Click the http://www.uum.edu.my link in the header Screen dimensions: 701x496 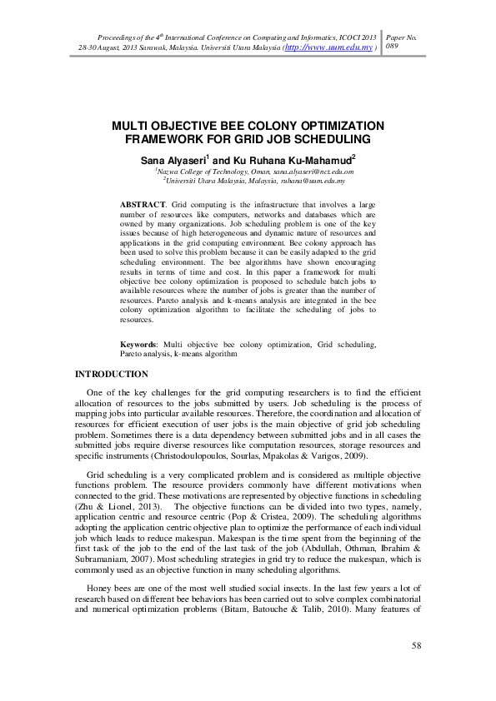coord(329,48)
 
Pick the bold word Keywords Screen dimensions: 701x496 coord(140,343)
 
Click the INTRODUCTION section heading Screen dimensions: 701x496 coord(112,375)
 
